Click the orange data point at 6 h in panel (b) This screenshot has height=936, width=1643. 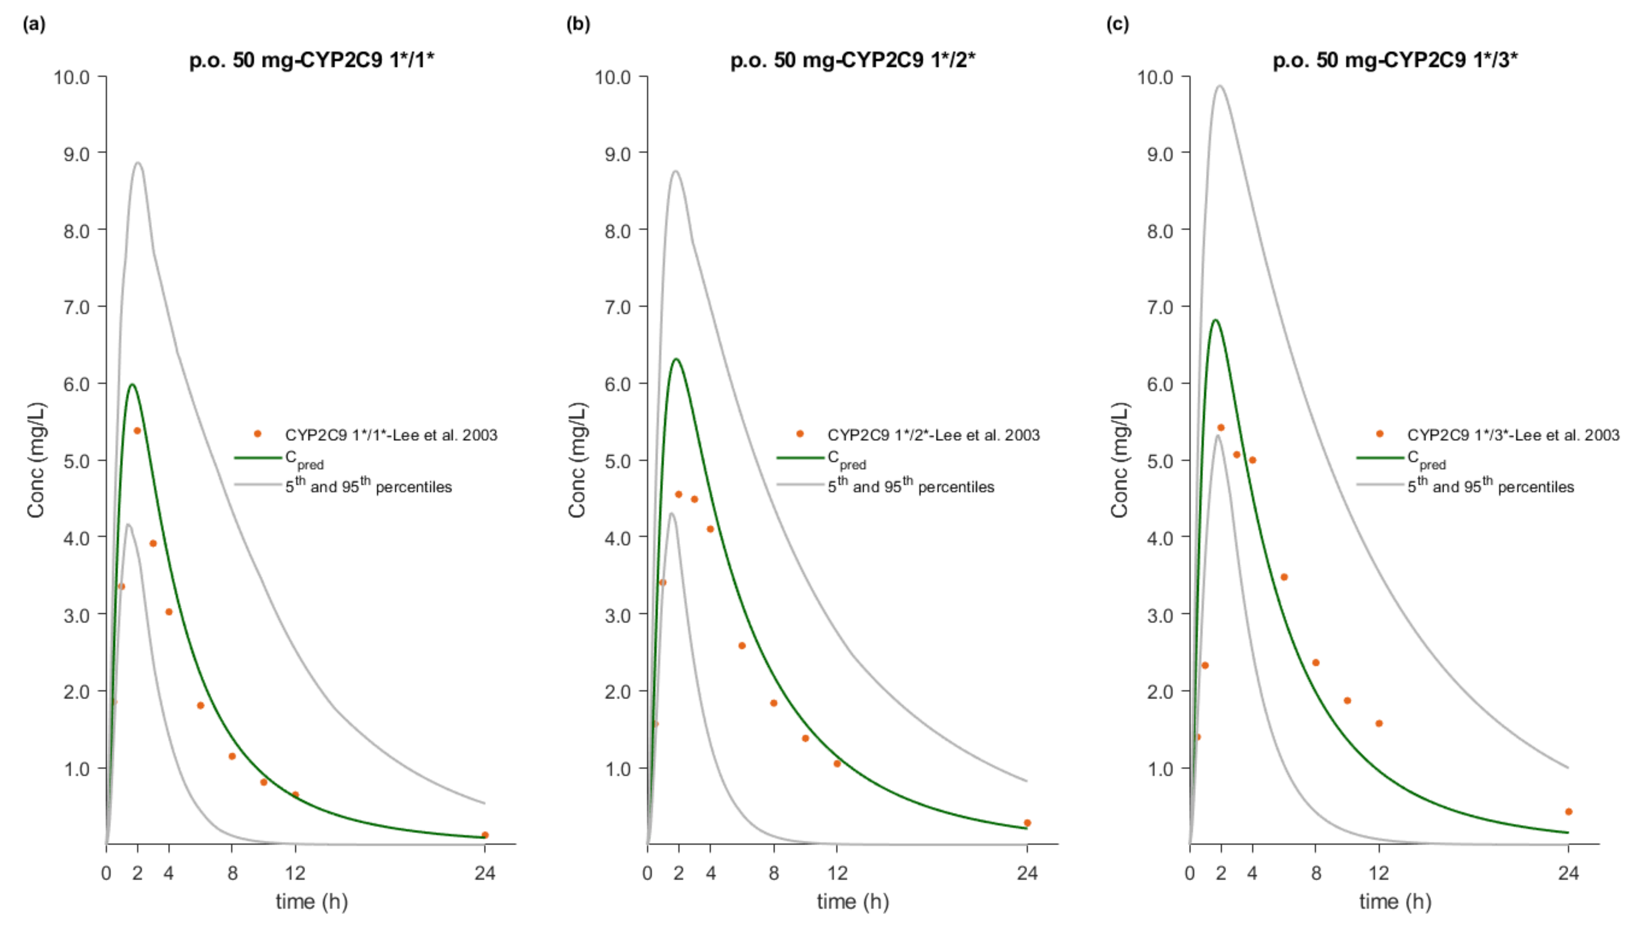[742, 645]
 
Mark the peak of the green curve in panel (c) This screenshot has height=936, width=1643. [1214, 320]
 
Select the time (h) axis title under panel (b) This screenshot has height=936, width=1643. [853, 901]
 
